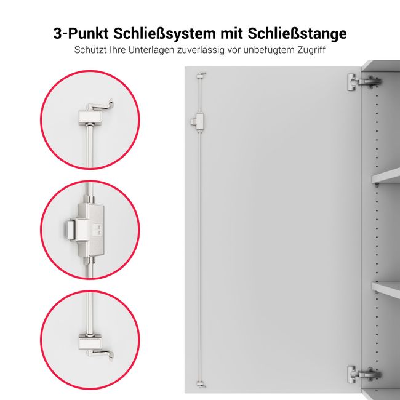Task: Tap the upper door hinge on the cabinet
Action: coord(363,81)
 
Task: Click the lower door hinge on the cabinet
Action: coord(363,373)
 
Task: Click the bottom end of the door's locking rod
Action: coord(201,383)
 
